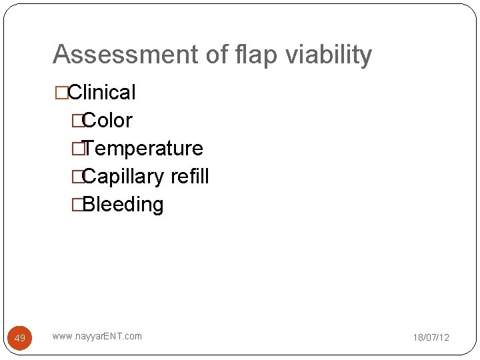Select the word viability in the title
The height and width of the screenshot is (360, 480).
pyautogui.click(x=329, y=55)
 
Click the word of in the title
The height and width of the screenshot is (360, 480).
pyautogui.click(x=219, y=55)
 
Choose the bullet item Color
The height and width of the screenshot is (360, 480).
pyautogui.click(x=107, y=121)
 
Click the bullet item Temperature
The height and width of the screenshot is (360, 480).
pyautogui.click(x=143, y=148)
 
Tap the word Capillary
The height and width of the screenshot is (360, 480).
pyautogui.click(x=123, y=177)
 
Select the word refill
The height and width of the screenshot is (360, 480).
pyautogui.click(x=189, y=176)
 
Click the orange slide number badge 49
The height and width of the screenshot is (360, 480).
pyautogui.click(x=20, y=338)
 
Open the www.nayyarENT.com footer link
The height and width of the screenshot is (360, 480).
pyautogui.click(x=97, y=336)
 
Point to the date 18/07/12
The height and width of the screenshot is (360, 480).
pyautogui.click(x=431, y=337)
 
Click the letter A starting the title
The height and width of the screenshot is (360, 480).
pyautogui.click(x=61, y=55)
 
